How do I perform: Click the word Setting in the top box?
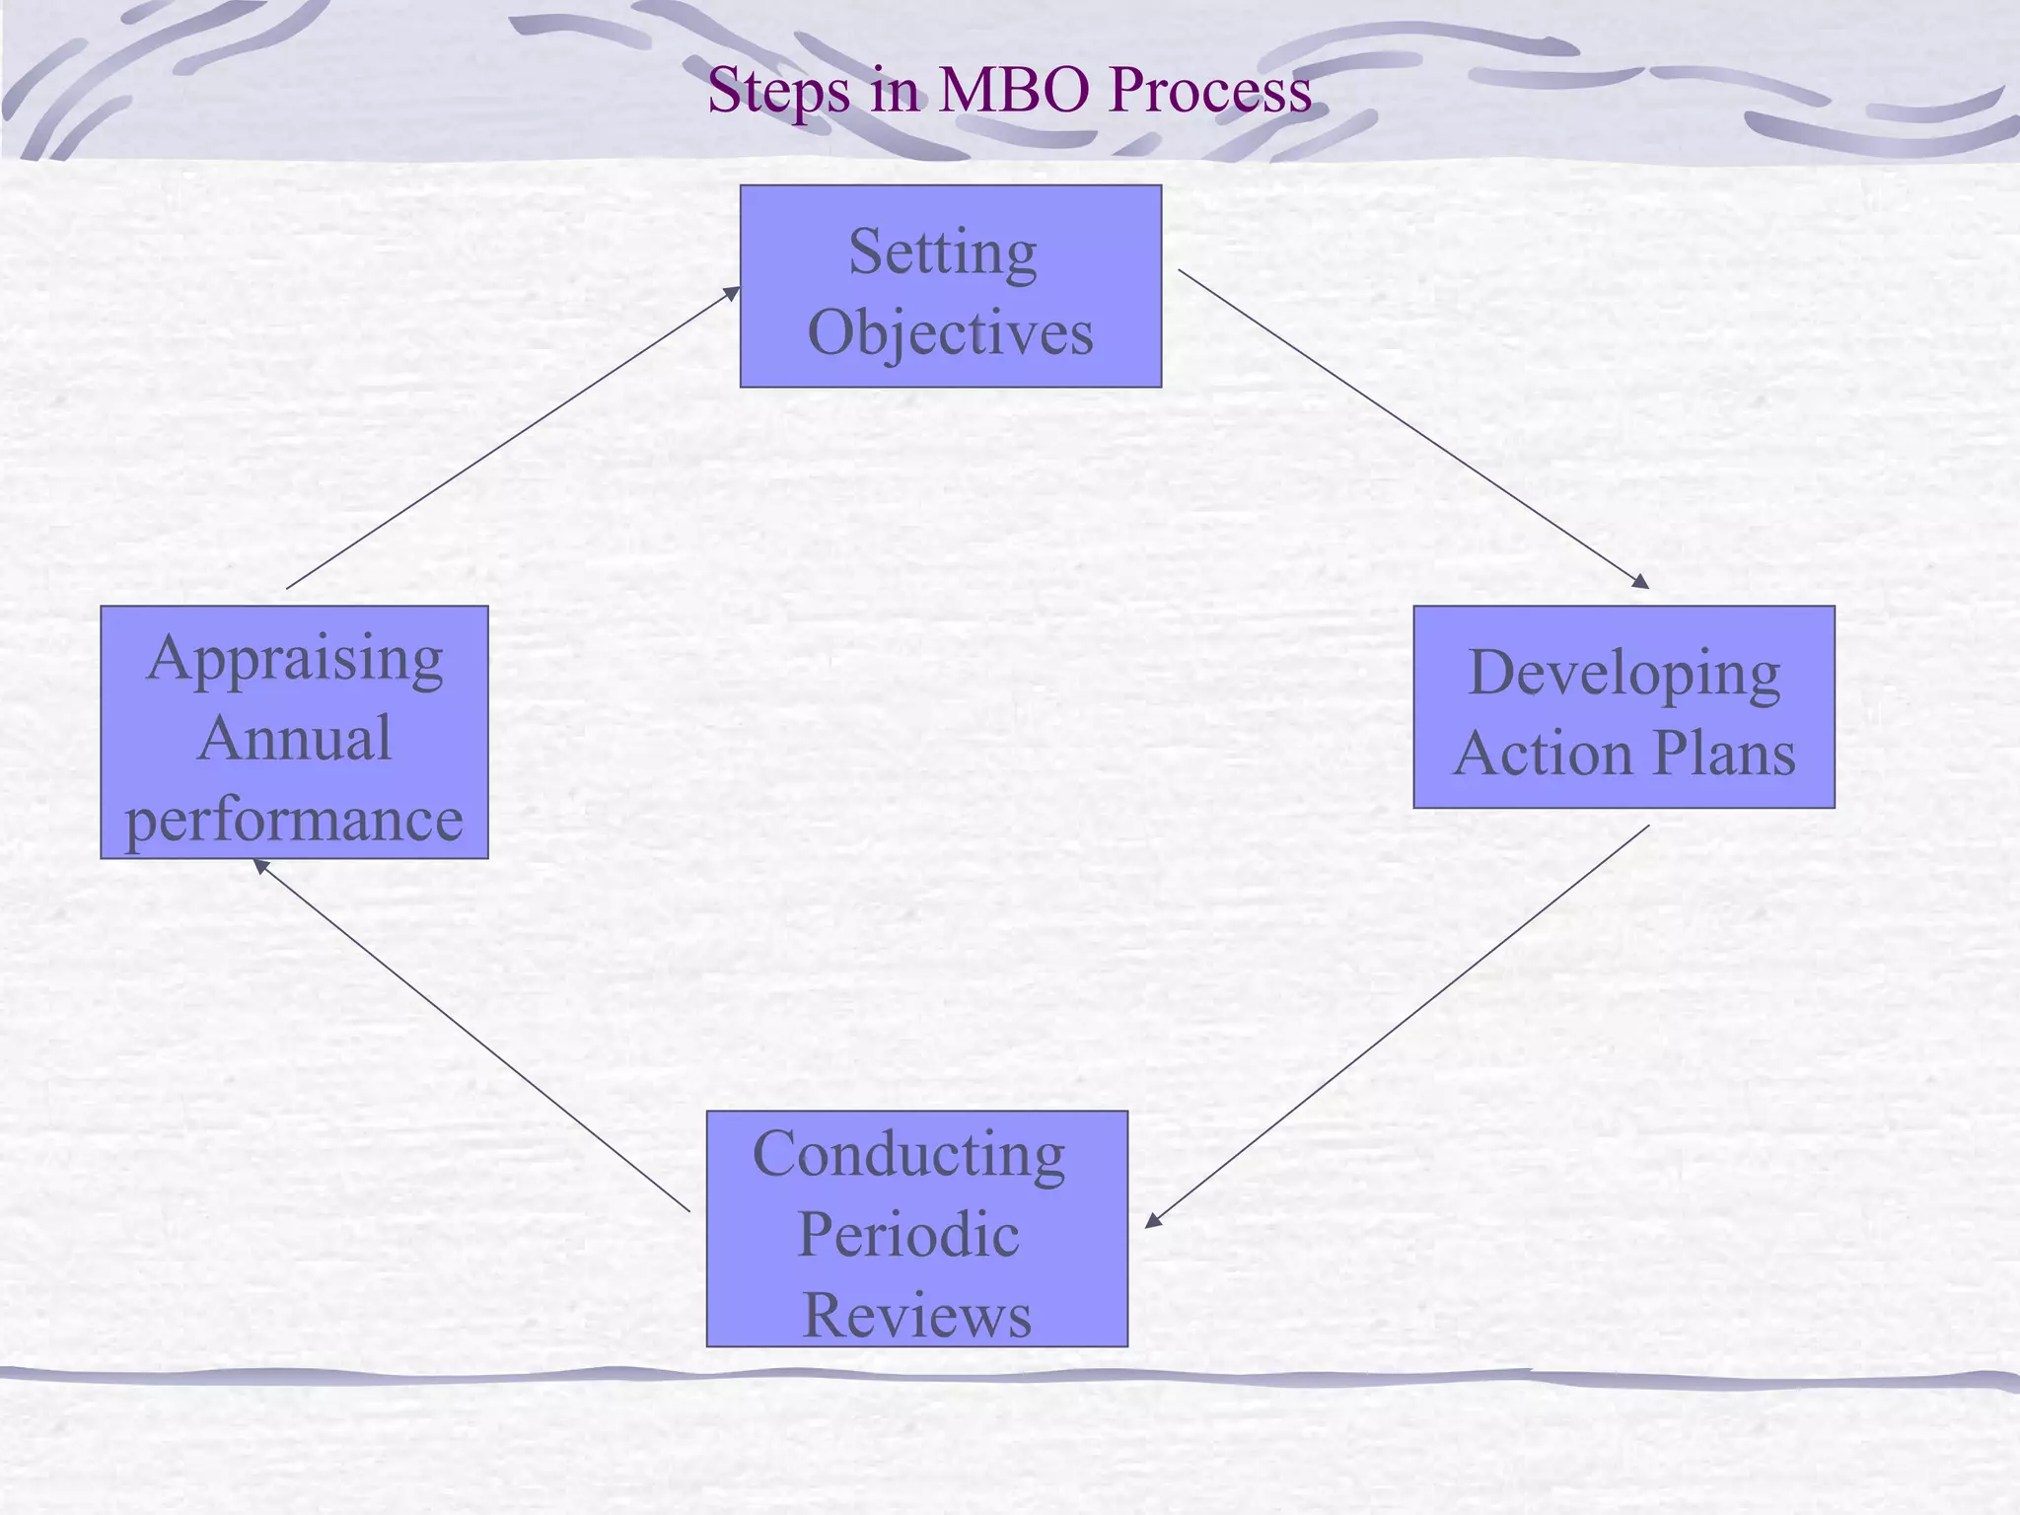[942, 252]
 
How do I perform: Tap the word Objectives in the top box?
[950, 332]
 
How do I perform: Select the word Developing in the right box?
[1623, 674]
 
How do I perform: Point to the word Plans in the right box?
[1723, 754]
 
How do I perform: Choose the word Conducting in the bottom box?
[908, 1154]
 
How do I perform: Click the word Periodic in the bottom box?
[907, 1234]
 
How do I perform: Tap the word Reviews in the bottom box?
[916, 1315]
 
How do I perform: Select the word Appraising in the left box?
[294, 659]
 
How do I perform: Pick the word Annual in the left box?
[294, 739]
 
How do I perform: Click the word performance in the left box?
[294, 819]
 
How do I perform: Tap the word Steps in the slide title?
[778, 90]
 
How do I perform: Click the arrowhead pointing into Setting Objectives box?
[732, 292]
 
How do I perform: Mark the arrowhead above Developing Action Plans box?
[1640, 582]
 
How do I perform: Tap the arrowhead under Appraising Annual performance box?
[261, 866]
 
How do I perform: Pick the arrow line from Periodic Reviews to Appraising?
[473, 1037]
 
